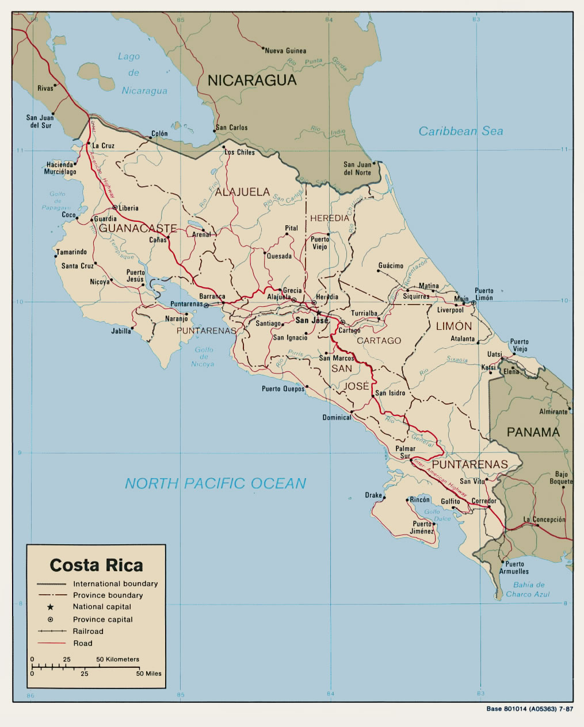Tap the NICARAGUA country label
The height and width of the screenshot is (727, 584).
point(252,80)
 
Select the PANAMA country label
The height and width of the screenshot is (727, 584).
point(533,432)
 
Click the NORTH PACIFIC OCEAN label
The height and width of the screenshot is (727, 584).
point(215,483)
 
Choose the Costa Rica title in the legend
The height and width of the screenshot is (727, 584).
point(96,565)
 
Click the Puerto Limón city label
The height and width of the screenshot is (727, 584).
point(484,294)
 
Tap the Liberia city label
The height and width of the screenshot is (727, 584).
point(128,208)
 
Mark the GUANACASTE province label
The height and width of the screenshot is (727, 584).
point(137,228)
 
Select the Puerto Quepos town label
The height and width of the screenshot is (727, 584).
point(283,389)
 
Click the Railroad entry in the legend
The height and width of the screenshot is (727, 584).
point(88,631)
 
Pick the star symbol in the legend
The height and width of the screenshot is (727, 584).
point(50,607)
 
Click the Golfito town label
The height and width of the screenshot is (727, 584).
point(451,501)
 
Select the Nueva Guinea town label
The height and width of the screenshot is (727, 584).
point(285,51)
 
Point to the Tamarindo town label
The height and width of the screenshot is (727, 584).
point(71,252)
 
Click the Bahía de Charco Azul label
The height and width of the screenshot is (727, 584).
point(528,590)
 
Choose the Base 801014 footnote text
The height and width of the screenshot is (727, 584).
point(529,709)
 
